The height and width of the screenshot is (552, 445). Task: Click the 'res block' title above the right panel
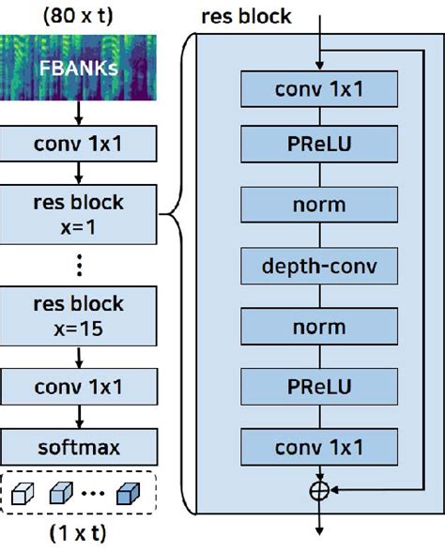pyautogui.click(x=246, y=17)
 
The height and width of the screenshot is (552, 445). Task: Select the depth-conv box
pyautogui.click(x=319, y=267)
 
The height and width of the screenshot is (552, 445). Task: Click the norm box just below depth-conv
pyautogui.click(x=319, y=327)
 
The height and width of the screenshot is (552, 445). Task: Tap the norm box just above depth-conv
pyautogui.click(x=319, y=205)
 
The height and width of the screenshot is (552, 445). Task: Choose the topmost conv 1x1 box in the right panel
pyautogui.click(x=319, y=90)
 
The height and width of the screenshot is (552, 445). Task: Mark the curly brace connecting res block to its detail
pyautogui.click(x=178, y=216)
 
